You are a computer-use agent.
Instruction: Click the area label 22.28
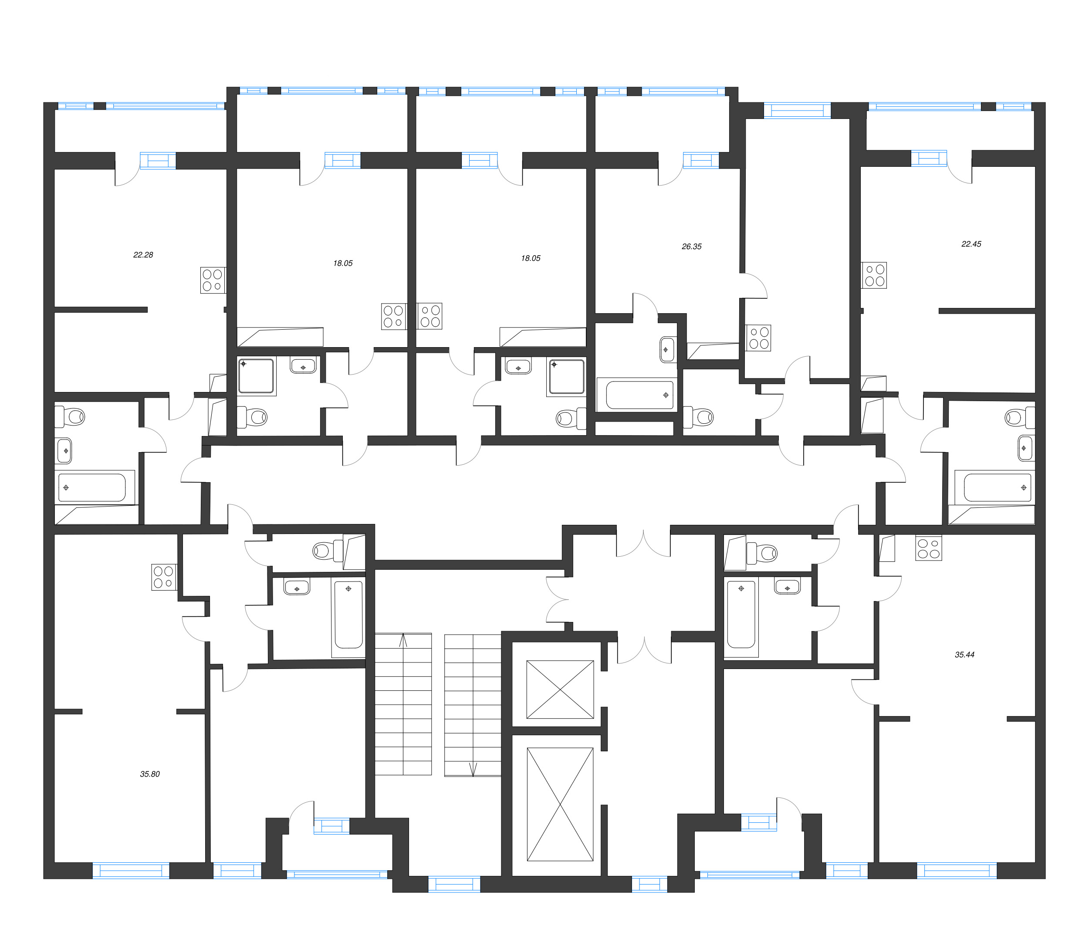click(x=143, y=255)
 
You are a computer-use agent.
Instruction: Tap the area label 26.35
click(x=691, y=247)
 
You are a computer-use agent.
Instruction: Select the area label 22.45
click(x=971, y=244)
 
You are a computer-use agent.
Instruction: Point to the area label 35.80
click(x=150, y=774)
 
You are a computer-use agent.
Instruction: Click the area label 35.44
click(x=964, y=655)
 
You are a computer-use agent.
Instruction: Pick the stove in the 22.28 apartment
click(x=213, y=280)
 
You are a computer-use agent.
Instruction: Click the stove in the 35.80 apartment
click(x=164, y=577)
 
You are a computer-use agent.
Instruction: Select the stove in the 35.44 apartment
click(x=928, y=548)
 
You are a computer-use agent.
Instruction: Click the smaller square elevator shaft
click(x=560, y=689)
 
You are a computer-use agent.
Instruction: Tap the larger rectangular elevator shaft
click(x=560, y=804)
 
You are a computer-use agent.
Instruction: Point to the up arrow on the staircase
click(x=403, y=640)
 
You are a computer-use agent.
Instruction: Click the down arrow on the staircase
click(x=473, y=769)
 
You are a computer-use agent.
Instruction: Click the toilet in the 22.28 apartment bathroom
click(x=71, y=417)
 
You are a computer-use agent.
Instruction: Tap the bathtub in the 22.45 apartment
click(x=997, y=488)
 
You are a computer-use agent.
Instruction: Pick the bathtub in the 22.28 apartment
click(x=92, y=488)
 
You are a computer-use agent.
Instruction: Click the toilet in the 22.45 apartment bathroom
click(x=1018, y=418)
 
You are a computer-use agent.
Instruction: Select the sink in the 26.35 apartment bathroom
click(x=667, y=349)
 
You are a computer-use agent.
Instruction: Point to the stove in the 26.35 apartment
click(x=758, y=338)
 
